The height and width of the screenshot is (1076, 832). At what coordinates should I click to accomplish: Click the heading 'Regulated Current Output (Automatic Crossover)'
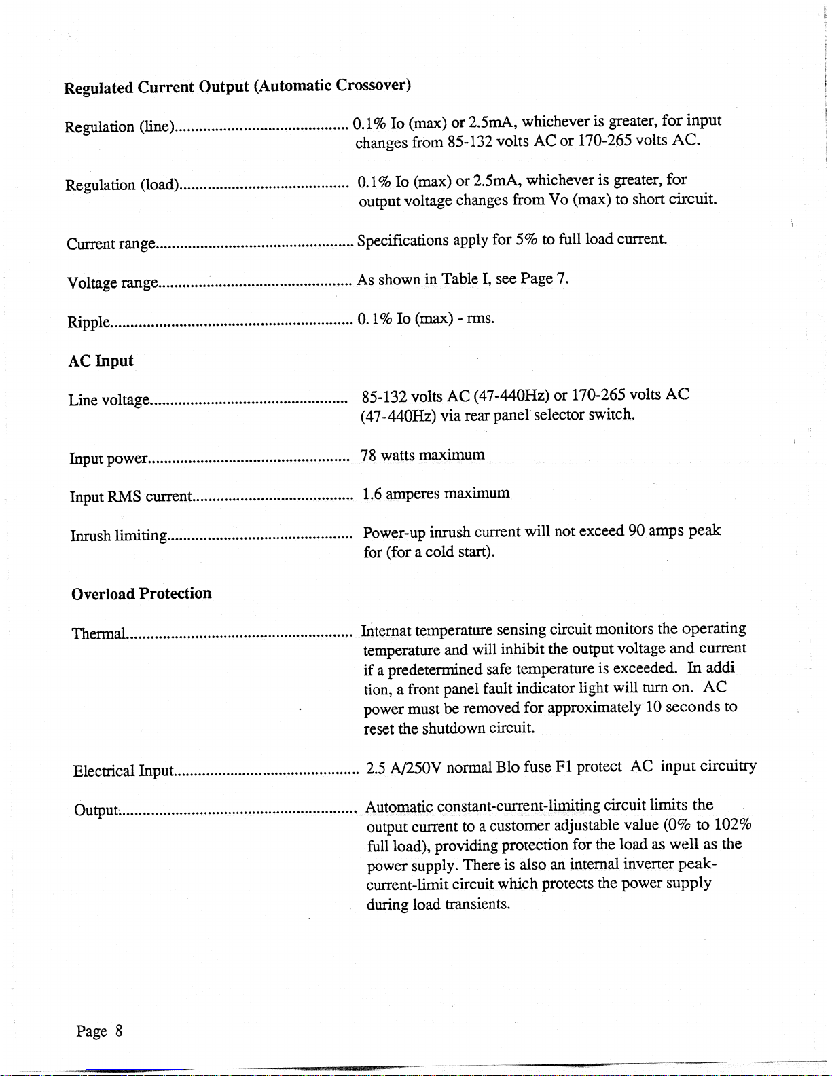click(237, 86)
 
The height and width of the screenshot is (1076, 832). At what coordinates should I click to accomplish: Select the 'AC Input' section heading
click(101, 361)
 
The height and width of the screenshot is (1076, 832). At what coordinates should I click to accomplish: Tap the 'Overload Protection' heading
click(141, 594)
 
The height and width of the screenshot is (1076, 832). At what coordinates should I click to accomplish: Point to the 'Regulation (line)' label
click(120, 127)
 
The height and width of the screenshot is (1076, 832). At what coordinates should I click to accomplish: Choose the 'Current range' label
click(111, 244)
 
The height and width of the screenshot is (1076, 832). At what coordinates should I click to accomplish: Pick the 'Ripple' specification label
click(88, 322)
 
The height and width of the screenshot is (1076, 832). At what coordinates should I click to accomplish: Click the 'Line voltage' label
click(109, 401)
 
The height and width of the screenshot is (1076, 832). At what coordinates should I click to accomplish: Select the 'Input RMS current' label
click(132, 497)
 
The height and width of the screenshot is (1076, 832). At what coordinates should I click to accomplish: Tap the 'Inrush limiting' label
click(119, 536)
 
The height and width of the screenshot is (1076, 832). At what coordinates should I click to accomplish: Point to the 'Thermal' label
click(99, 634)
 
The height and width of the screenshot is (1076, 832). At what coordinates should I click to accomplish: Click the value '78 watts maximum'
click(422, 455)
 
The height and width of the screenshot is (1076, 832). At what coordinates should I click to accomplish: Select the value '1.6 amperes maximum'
click(436, 494)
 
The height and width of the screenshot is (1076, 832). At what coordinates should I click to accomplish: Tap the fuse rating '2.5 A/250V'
click(404, 768)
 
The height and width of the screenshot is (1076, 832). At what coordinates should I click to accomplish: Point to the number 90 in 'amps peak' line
click(636, 530)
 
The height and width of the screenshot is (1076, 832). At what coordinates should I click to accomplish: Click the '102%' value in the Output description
click(732, 825)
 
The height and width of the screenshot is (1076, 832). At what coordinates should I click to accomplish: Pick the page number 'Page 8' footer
click(99, 1031)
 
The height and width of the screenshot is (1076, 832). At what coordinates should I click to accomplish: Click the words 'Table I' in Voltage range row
click(465, 279)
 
